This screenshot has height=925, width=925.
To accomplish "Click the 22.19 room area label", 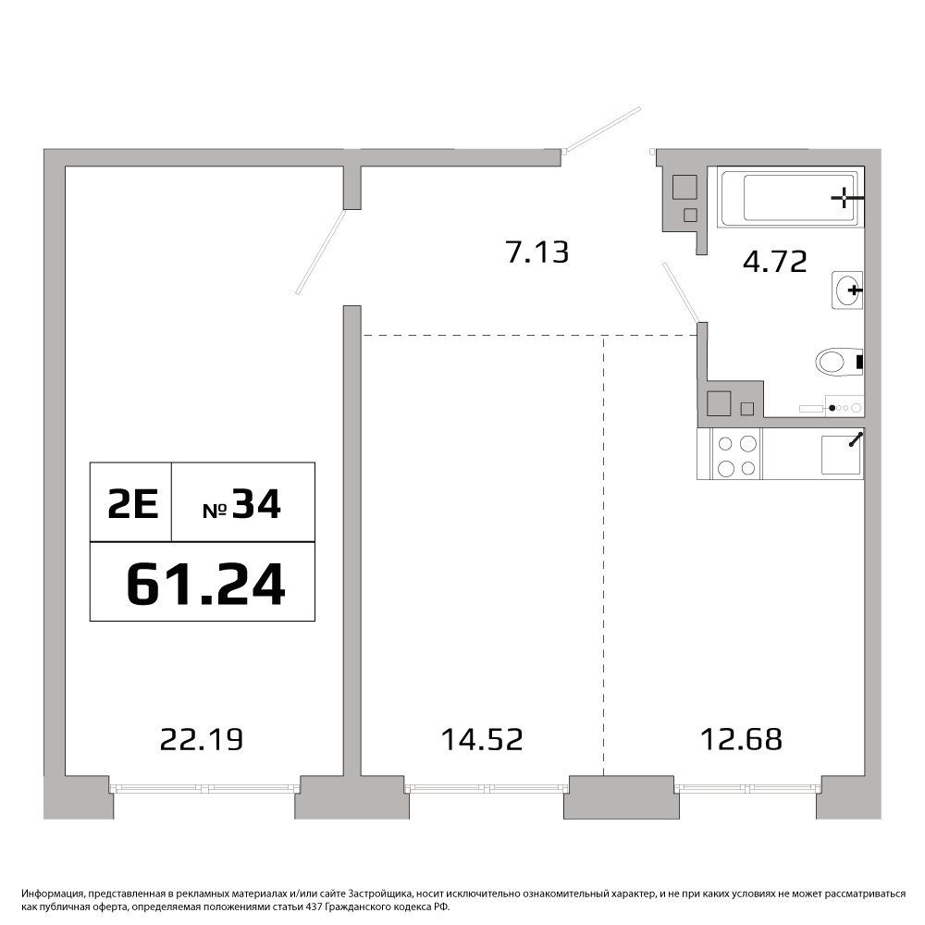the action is (201, 739).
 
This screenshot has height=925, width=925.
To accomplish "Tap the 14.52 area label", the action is (482, 739).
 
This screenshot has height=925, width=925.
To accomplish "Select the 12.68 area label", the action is (741, 739).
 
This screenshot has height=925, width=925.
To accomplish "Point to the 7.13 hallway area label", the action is (537, 253).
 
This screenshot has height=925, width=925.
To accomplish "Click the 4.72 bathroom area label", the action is (774, 262).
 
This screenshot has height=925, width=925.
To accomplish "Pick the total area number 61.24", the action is (206, 584).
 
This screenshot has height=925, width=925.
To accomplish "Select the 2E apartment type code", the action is (132, 505).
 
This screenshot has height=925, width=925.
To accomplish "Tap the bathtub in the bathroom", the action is (790, 197).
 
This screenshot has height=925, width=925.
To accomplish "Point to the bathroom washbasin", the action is (847, 290).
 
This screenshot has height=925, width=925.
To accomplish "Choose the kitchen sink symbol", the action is (842, 454).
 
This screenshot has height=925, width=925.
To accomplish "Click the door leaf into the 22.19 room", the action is (321, 252).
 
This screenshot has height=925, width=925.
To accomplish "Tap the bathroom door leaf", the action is (682, 292).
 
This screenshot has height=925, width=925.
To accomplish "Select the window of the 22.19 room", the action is (203, 787).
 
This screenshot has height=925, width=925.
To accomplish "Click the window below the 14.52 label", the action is (487, 787).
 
